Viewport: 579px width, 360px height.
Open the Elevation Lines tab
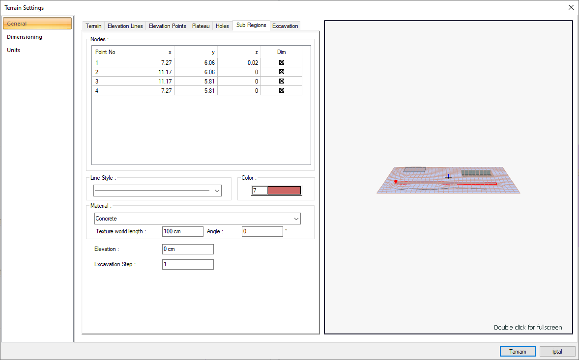(x=125, y=26)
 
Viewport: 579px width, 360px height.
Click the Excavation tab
(x=285, y=26)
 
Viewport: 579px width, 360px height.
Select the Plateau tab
(x=201, y=26)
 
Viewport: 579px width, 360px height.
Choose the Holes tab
(x=222, y=26)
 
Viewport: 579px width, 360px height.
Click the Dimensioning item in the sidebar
(x=25, y=37)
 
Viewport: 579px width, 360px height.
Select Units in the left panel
(x=13, y=50)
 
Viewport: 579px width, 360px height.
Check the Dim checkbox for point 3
(x=281, y=81)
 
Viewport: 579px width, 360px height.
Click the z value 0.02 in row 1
(x=253, y=63)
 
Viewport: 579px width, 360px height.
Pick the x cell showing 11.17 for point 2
(x=165, y=72)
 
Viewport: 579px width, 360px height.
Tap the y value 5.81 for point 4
(x=209, y=91)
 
